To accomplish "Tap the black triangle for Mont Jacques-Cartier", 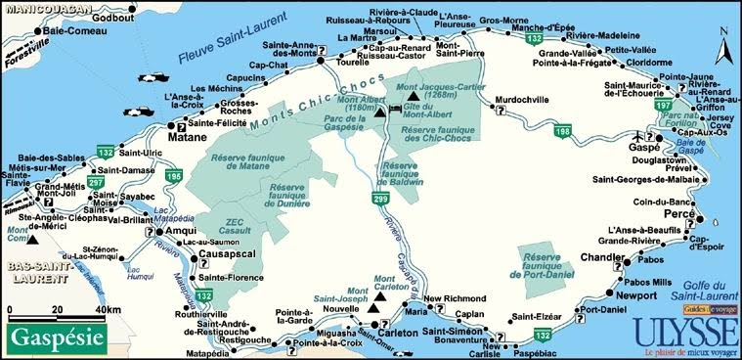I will [415, 98].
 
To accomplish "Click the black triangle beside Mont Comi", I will [33, 240].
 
